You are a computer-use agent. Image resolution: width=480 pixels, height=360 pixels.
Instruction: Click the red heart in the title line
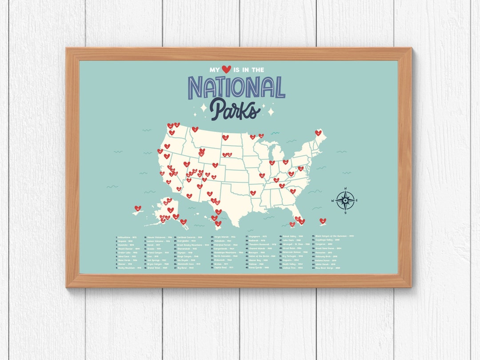coord(227,69)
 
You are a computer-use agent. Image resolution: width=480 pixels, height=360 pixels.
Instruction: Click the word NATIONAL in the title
coord(236,87)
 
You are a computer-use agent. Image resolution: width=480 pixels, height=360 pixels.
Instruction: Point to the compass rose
coord(345,200)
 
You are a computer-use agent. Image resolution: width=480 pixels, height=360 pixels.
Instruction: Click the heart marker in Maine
coord(318,132)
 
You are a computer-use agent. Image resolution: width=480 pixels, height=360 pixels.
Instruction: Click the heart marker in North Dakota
coord(225,137)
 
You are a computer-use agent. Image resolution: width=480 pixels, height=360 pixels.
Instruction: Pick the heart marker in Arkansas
coord(253,193)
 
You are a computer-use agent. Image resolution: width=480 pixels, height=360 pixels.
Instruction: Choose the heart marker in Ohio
coord(285,162)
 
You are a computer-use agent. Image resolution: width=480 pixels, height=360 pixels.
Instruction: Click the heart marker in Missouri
coord(262,175)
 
